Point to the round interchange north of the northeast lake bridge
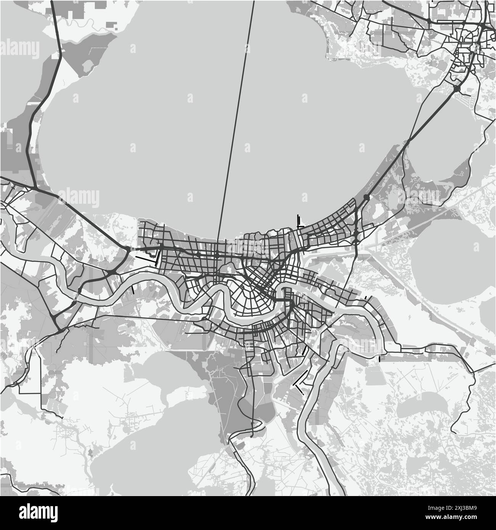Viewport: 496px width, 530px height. point(457,89)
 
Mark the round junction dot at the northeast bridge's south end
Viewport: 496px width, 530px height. point(367,197)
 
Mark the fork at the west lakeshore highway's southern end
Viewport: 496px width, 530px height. point(35,188)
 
